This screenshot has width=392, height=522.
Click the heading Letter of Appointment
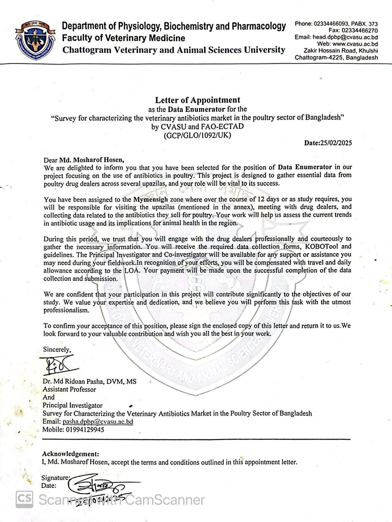(x=197, y=100)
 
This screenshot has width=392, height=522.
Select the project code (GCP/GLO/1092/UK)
(x=197, y=135)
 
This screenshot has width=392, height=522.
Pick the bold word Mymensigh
(x=151, y=199)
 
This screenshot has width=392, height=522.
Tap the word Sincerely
(x=57, y=349)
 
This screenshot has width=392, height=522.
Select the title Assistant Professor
(x=69, y=389)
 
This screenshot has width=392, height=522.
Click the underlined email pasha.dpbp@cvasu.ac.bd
(x=98, y=422)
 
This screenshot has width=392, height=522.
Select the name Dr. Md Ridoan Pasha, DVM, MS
(x=90, y=381)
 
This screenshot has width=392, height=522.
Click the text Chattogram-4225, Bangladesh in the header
(x=336, y=58)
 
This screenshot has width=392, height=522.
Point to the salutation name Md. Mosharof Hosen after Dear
(x=92, y=160)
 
